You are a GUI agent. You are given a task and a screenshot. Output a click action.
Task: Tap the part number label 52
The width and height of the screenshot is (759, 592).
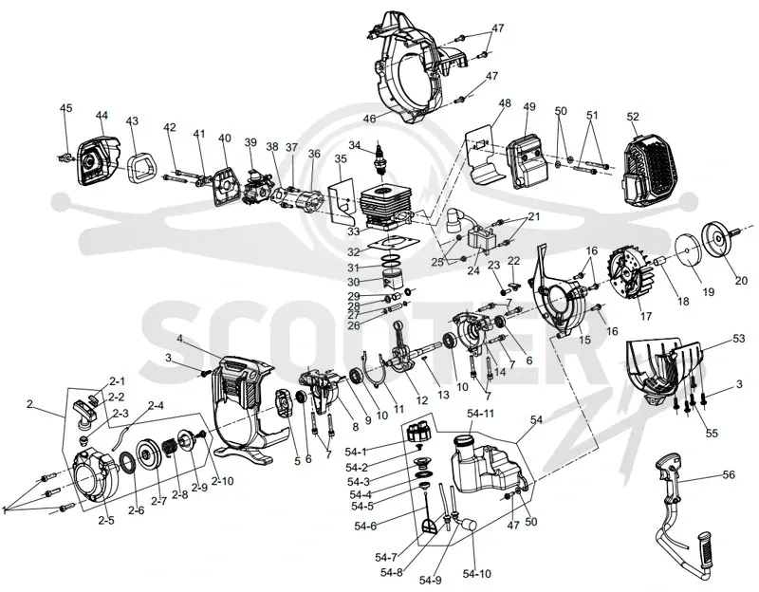pos(633,117)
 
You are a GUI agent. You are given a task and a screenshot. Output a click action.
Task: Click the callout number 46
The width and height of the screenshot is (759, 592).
pos(369,119)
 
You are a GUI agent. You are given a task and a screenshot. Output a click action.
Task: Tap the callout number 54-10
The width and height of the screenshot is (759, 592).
pos(477,574)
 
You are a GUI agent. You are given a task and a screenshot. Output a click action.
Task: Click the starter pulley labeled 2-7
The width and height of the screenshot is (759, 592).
pos(149,453)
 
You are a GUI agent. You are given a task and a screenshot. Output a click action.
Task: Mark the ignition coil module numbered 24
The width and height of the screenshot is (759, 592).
pos(481,240)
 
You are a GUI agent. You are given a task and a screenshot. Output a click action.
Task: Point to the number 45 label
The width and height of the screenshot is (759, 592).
pos(65,107)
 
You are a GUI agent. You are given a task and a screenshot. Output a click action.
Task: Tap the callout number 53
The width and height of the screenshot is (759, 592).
pos(738,339)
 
